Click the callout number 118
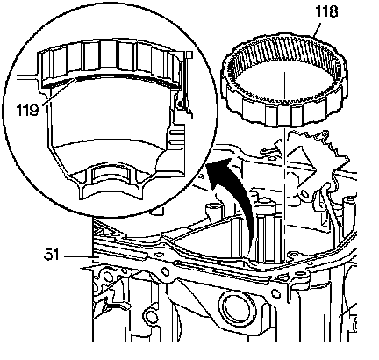pos(326,12)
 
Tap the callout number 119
pos(27,111)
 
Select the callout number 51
pos(52,254)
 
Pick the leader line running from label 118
pos(317,28)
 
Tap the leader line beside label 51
pos(78,256)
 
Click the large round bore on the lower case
pos(234,307)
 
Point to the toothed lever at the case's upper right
pos(318,164)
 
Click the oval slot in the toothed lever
pos(304,193)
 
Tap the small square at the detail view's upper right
pos(189,54)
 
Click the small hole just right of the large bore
pos(275,292)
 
